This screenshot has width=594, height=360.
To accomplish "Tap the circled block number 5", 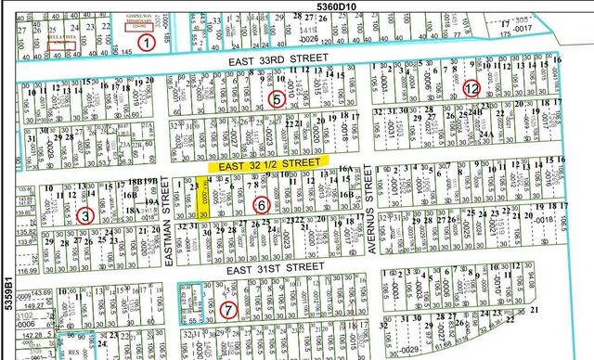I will point(276,98).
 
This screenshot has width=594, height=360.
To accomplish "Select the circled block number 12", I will point(471,89).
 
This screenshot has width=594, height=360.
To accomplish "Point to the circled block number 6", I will point(261,205).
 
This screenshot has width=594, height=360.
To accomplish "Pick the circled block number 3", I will point(84,215).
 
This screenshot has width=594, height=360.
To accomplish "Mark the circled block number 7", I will point(228,310).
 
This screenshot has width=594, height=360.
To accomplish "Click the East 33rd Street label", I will point(279,58).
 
